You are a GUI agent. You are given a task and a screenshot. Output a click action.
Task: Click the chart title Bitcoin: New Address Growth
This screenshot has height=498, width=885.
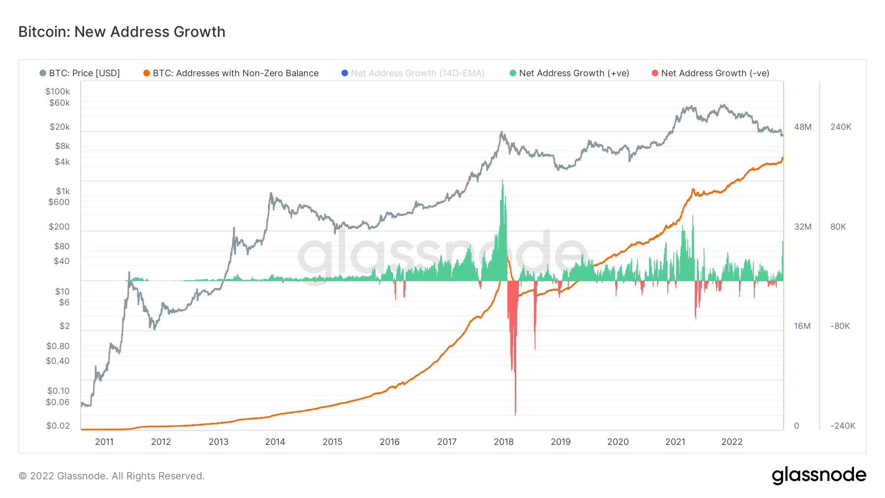(122, 32)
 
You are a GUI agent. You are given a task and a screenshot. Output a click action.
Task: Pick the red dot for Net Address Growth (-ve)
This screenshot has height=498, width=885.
(655, 73)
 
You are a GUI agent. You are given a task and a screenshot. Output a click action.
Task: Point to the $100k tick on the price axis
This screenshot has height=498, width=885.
(58, 91)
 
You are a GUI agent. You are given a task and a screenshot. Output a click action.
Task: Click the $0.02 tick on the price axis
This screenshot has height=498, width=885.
(58, 426)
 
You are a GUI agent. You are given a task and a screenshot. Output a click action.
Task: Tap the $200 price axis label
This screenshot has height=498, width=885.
(59, 227)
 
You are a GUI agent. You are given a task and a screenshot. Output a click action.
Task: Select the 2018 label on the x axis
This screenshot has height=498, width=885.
(503, 442)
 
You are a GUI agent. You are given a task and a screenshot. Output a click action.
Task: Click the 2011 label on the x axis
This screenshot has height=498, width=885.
(104, 442)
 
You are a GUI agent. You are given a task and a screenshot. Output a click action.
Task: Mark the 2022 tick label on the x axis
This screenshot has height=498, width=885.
(732, 442)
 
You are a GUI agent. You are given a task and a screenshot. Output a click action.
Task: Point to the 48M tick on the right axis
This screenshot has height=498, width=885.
(802, 127)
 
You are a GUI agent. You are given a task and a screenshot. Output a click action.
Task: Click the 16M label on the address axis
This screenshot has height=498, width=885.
(802, 326)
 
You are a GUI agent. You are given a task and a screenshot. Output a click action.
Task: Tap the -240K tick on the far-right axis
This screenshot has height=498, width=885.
(843, 426)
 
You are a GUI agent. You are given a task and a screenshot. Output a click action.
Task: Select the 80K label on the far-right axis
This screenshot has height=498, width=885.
(838, 227)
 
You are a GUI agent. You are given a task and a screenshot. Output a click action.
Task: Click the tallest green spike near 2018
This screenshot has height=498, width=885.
(502, 181)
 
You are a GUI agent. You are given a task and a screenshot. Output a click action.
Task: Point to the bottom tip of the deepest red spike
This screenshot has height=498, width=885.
(515, 415)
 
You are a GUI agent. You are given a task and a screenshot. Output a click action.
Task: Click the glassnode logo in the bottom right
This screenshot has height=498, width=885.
(819, 475)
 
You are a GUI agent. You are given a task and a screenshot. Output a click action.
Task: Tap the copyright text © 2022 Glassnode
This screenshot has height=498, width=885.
(112, 476)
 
